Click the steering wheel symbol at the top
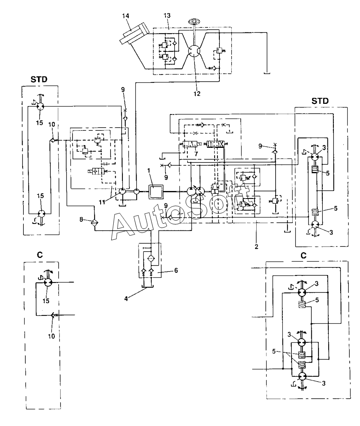[193, 21]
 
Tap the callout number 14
[126, 16]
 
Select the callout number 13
[167, 15]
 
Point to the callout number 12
[197, 94]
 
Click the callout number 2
[256, 247]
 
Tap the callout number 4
[126, 298]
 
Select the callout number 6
[176, 270]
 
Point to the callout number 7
[196, 154]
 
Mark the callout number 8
[81, 219]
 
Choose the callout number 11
[102, 202]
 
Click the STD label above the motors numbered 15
[39, 79]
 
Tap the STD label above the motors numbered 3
[320, 101]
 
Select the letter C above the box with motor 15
[40, 255]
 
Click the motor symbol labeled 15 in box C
[48, 282]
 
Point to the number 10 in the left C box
[51, 336]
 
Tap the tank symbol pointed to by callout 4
[148, 287]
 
